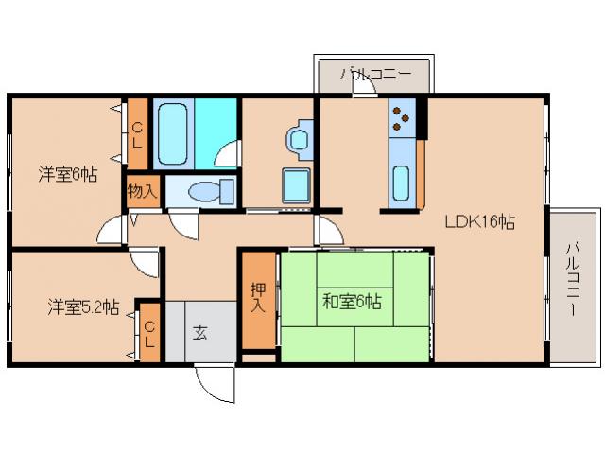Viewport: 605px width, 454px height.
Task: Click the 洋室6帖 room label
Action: pyautogui.click(x=67, y=174)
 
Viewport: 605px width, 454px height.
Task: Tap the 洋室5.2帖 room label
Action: pyautogui.click(x=83, y=306)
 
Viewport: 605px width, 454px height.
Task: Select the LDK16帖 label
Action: pyautogui.click(x=479, y=222)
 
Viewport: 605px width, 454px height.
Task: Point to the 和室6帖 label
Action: pyautogui.click(x=352, y=303)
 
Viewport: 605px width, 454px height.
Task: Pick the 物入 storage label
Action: pyautogui.click(x=143, y=191)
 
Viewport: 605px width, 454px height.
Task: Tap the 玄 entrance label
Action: pyautogui.click(x=201, y=332)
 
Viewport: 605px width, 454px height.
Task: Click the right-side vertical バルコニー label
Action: pyautogui.click(x=573, y=281)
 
